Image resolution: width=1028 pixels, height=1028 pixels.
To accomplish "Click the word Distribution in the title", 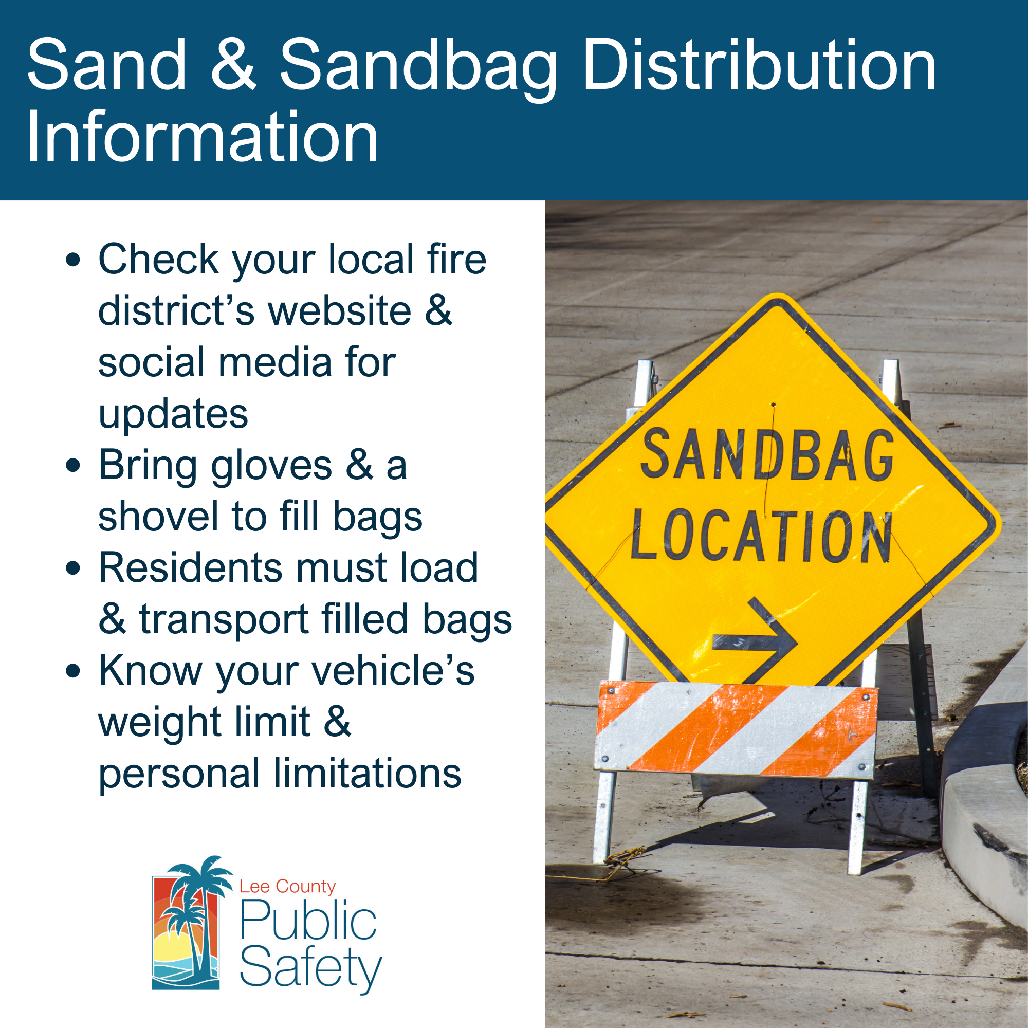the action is coord(759,65).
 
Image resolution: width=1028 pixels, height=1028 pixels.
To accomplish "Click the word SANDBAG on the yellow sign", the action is coord(767,455).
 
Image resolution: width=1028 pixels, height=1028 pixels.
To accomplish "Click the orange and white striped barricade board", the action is coord(736,728).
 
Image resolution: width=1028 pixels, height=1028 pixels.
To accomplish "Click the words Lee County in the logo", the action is coord(287,887).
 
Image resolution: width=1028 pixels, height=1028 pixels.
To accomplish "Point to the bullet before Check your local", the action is coord(74,261).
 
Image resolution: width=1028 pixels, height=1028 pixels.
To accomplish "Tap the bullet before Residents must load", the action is coord(74,568).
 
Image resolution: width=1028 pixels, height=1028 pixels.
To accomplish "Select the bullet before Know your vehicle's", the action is coord(74,671).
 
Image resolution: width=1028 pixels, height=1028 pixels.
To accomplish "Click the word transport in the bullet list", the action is coord(224,620).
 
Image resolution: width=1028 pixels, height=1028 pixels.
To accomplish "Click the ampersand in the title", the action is coord(233,65).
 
